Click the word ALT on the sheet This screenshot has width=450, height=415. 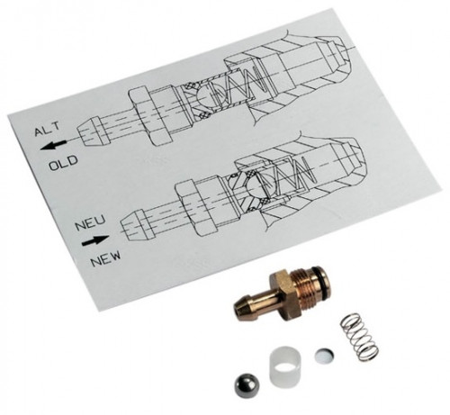47,129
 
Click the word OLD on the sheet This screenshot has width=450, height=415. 64,163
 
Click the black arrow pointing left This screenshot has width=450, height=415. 53,145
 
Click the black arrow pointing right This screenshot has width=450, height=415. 95,240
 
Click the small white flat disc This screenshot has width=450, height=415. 324,355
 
